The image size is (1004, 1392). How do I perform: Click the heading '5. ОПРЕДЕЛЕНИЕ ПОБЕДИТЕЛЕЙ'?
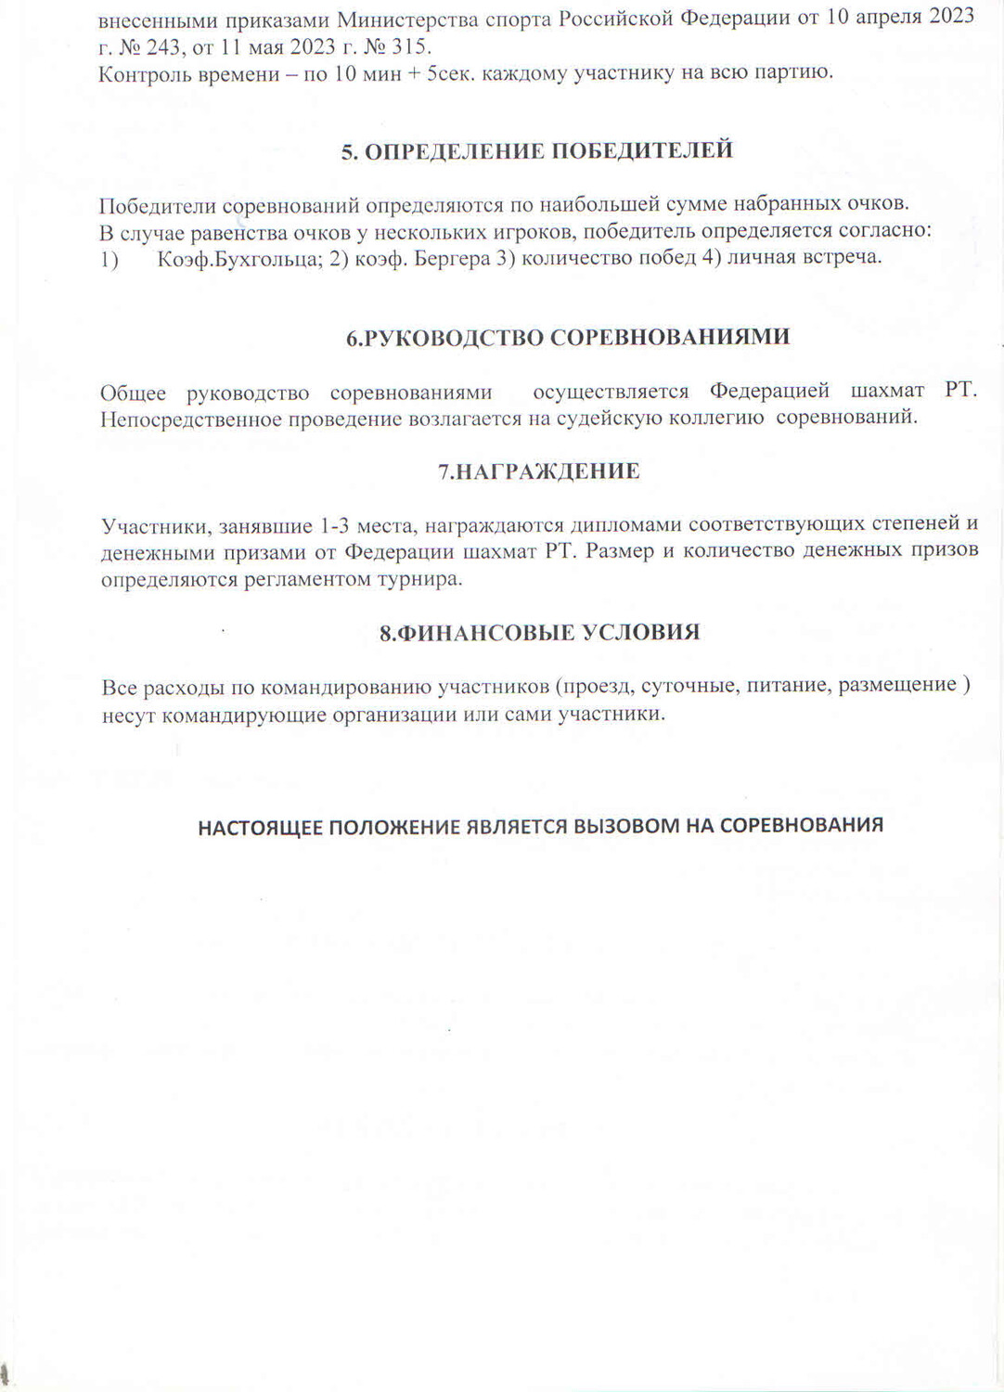[x=537, y=151]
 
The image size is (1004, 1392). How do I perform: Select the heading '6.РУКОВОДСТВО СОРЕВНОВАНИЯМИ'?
[x=568, y=337]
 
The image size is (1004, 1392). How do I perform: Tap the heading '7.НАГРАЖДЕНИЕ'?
[x=538, y=471]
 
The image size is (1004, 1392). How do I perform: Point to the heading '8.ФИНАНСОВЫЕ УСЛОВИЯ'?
[x=539, y=633]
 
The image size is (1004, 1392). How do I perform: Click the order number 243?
[x=167, y=47]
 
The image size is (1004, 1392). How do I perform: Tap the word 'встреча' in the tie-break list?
[x=845, y=257]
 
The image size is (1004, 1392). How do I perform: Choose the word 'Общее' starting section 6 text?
[x=133, y=393]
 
